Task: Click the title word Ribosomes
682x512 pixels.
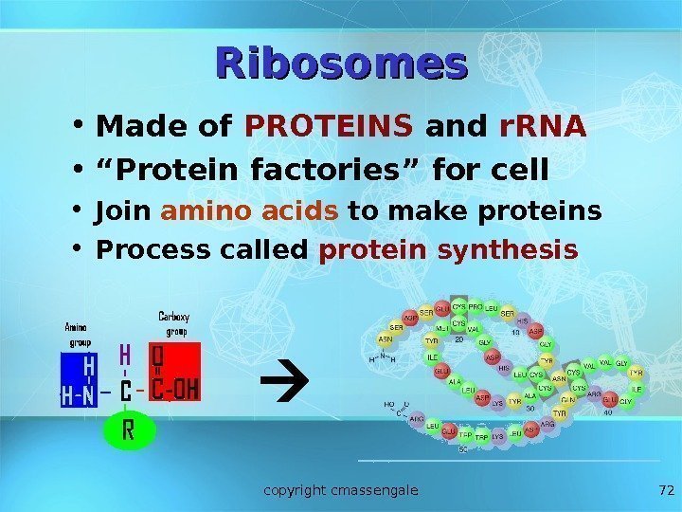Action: point(342,64)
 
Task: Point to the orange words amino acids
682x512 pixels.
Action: point(249,212)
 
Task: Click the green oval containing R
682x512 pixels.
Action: point(127,431)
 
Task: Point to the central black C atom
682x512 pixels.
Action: point(126,390)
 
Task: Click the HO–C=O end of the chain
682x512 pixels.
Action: point(393,410)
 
